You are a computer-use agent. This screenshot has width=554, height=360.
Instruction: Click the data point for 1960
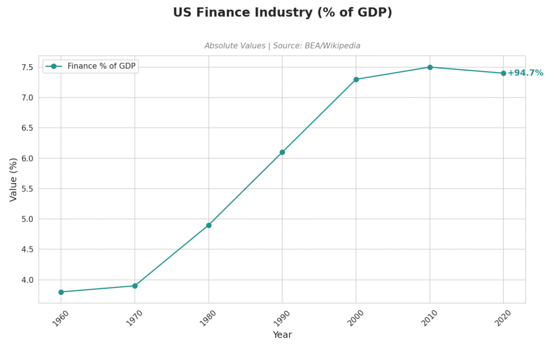(61, 292)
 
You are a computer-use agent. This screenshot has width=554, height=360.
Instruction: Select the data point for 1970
(135, 286)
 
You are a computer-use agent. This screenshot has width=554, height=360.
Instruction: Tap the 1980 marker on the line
(209, 225)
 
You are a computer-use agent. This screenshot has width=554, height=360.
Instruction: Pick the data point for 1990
(282, 152)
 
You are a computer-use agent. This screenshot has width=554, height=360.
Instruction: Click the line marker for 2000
(356, 79)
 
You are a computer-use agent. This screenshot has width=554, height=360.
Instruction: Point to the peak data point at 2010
(430, 67)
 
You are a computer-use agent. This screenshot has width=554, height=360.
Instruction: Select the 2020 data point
(504, 73)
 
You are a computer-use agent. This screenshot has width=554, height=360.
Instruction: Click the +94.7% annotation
(525, 73)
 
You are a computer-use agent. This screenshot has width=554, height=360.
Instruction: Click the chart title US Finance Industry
(282, 12)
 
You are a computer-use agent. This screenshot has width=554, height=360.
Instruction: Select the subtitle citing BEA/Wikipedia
(282, 46)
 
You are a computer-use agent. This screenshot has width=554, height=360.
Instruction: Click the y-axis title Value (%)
(14, 179)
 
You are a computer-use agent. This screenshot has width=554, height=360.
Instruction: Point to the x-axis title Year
(282, 335)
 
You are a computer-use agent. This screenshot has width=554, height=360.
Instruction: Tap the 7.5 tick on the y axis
(27, 67)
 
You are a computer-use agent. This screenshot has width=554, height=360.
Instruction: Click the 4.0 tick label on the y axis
(27, 280)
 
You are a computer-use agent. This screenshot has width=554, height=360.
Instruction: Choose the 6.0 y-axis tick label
(27, 158)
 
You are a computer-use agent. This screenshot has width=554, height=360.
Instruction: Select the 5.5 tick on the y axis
(27, 189)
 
